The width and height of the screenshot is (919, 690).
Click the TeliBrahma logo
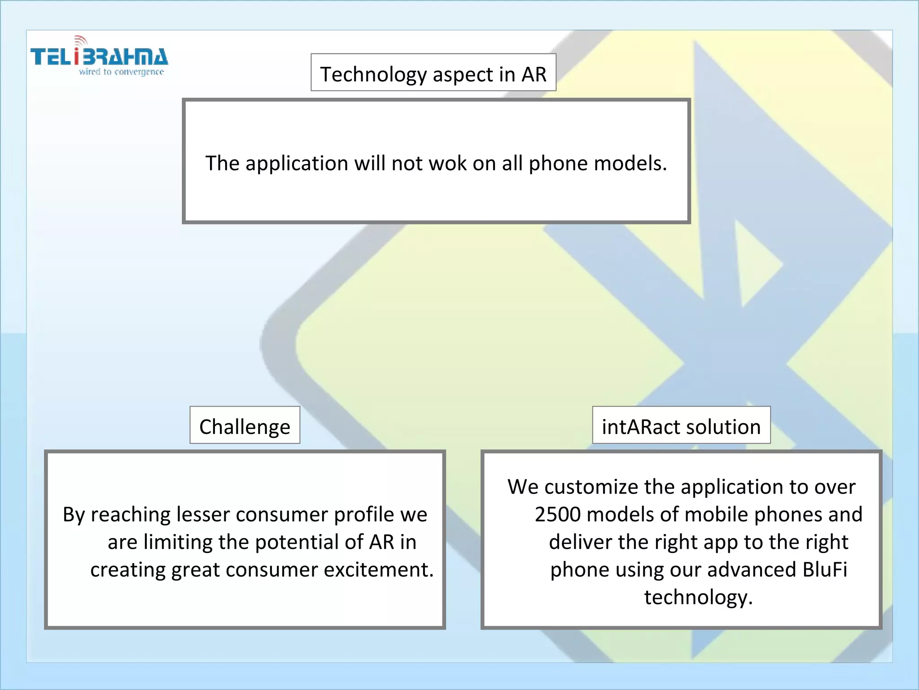point(99,57)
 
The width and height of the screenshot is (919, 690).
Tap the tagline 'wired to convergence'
point(121,72)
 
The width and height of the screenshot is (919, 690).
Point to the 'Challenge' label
point(245,426)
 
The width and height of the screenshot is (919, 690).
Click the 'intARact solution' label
point(681,426)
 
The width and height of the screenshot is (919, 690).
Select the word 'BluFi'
point(825,570)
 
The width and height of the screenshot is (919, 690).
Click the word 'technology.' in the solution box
point(698,597)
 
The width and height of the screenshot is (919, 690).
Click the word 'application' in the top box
point(297,163)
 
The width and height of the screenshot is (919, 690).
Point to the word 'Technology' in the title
point(373,74)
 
